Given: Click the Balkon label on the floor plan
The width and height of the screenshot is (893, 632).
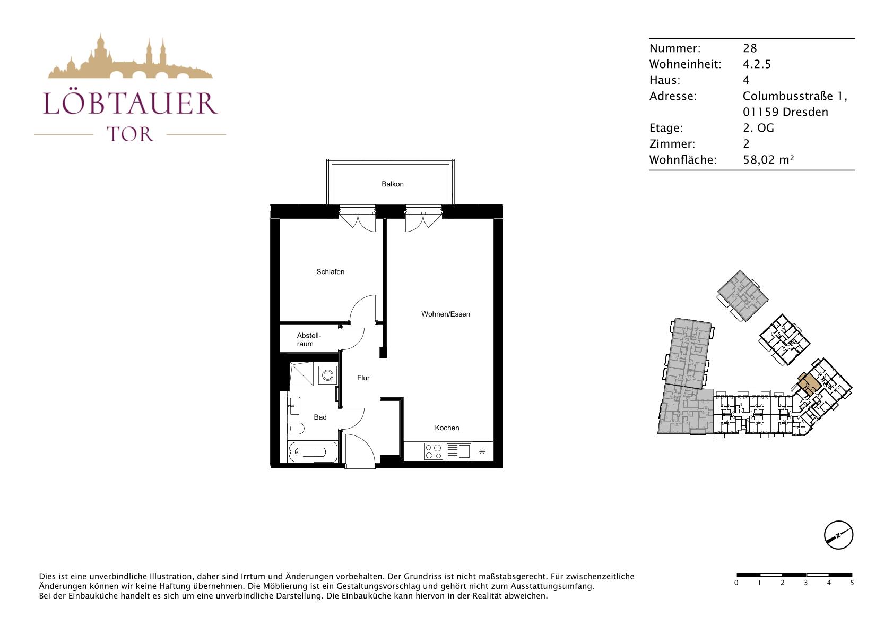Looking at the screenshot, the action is (392, 184).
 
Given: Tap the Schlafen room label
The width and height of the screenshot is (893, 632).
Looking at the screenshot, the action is (330, 272).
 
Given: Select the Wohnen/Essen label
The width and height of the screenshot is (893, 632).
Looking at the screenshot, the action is (445, 314).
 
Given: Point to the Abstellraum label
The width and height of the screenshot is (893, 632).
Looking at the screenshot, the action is (308, 339).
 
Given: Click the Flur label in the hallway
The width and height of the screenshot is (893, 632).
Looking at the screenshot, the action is (363, 378).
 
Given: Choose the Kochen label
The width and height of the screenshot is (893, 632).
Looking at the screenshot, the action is (447, 428).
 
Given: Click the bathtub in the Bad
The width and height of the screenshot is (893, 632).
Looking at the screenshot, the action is (312, 452).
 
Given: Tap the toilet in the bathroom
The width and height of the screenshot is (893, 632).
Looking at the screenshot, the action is (296, 429).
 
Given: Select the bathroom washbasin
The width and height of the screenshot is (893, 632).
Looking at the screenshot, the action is (294, 406).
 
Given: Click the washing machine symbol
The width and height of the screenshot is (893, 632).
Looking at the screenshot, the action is (328, 375).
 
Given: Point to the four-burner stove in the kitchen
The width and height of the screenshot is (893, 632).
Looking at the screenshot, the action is (434, 451).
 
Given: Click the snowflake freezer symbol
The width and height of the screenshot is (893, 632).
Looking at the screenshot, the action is (482, 451).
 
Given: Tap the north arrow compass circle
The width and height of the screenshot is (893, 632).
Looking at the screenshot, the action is (838, 535).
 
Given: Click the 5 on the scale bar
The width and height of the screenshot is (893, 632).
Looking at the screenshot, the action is (852, 583).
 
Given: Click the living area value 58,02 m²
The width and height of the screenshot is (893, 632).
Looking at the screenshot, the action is (768, 160).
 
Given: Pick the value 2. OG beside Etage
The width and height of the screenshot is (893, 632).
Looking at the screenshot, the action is (758, 128).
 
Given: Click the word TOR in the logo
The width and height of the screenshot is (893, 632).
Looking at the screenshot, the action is (130, 134).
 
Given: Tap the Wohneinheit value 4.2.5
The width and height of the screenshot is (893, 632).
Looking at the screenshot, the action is (757, 64).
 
